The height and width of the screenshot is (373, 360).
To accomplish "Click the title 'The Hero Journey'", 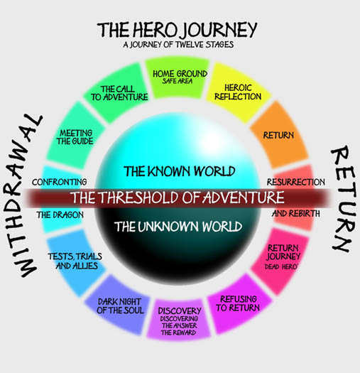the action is pyautogui.click(x=177, y=30).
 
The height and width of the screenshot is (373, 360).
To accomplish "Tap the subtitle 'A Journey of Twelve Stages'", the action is pyautogui.click(x=178, y=45).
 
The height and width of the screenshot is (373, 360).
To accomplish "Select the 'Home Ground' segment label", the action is pyautogui.click(x=180, y=74).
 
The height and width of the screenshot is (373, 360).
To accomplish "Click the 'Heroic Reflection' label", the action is pyautogui.click(x=238, y=92).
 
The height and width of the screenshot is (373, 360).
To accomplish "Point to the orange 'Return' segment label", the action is pyautogui.click(x=278, y=136).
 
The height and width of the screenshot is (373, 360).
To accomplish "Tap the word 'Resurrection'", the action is pyautogui.click(x=295, y=182).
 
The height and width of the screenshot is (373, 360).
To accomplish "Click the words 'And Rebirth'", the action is pyautogui.click(x=296, y=213).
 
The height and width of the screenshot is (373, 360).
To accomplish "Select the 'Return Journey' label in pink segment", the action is pyautogui.click(x=283, y=252).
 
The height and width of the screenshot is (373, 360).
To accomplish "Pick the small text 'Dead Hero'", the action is pyautogui.click(x=281, y=267).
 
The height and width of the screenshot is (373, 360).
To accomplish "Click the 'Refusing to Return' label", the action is pyautogui.click(x=238, y=303).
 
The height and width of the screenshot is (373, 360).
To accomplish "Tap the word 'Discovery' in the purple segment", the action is pyautogui.click(x=180, y=310).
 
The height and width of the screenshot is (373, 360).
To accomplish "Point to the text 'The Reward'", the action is pyautogui.click(x=178, y=333).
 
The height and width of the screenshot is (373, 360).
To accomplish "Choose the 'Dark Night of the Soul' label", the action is pyautogui.click(x=120, y=306).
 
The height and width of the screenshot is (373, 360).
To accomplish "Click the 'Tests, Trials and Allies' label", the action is pyautogui.click(x=75, y=261).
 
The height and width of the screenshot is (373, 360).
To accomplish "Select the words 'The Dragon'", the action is pyautogui.click(x=60, y=215).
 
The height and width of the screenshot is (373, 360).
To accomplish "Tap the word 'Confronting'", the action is pyautogui.click(x=60, y=182).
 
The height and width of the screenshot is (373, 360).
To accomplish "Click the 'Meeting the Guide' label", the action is pyautogui.click(x=75, y=137).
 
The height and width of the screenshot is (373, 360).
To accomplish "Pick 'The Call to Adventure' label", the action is pyautogui.click(x=119, y=93).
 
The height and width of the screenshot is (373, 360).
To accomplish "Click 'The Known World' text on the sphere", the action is pyautogui.click(x=180, y=171).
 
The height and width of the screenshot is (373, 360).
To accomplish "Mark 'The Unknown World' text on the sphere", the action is pyautogui.click(x=178, y=226).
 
